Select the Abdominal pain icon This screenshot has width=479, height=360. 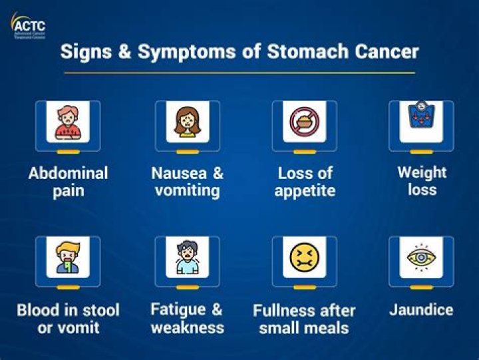[x=68, y=122]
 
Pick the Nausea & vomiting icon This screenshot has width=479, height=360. [x=188, y=122]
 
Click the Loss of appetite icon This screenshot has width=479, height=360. [x=305, y=122]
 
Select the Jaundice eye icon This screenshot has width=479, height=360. [x=422, y=257]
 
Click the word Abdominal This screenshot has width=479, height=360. [x=68, y=173]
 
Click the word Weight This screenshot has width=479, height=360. [x=422, y=172]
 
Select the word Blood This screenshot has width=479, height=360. [x=40, y=310]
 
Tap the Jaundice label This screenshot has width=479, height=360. [x=422, y=309]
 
